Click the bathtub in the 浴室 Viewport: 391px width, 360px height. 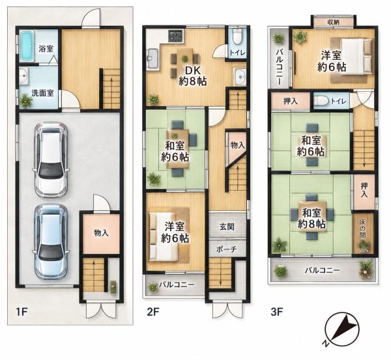point(27,46)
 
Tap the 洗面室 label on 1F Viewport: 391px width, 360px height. point(42,93)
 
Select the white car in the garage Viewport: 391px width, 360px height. point(51,159)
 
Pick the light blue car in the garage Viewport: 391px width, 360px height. point(51,241)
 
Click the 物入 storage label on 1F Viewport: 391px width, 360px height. point(101,233)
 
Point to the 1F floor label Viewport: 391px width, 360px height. point(22,312)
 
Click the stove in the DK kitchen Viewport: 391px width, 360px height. point(176,36)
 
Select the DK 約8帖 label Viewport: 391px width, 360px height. point(193,76)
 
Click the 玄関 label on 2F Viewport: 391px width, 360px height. point(227,227)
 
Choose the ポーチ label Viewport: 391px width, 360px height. point(226,249)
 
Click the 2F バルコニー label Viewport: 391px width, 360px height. point(177,284)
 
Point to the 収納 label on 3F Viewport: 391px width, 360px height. point(333,22)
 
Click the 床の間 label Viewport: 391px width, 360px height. point(363,228)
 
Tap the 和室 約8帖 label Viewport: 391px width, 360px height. point(311,219)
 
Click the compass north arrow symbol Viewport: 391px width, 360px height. point(342,329)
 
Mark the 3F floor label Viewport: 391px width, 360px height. point(276,312)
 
